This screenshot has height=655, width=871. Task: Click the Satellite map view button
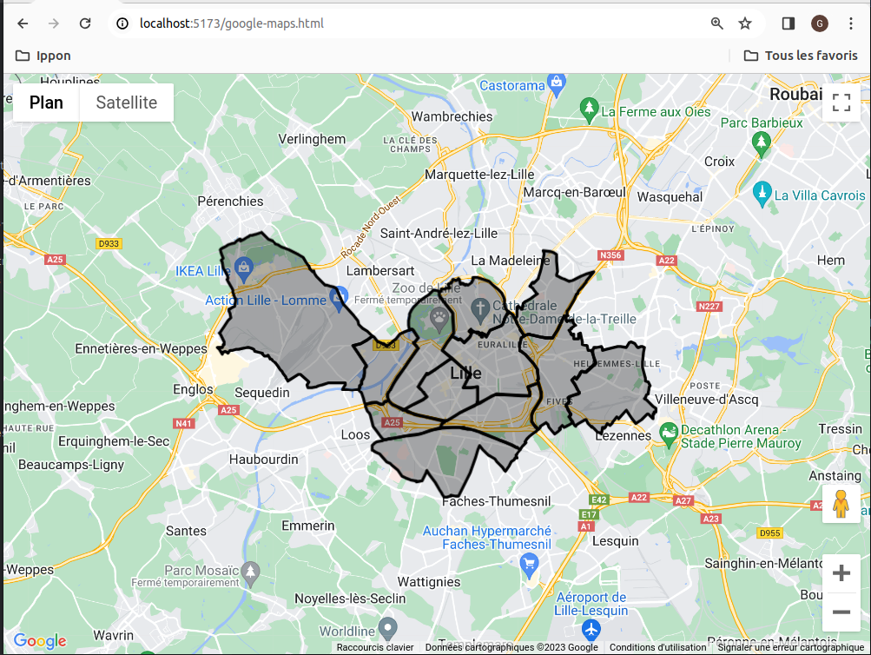pyautogui.click(x=126, y=103)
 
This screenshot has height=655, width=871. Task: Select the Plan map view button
pyautogui.click(x=46, y=103)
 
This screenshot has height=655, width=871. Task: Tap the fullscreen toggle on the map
pyautogui.click(x=841, y=103)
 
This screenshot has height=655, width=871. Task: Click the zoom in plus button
pyautogui.click(x=841, y=573)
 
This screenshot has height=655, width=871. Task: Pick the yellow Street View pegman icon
pyautogui.click(x=840, y=504)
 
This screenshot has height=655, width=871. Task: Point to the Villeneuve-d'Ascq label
pyautogui.click(x=707, y=400)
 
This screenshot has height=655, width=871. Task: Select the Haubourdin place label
pyautogui.click(x=264, y=459)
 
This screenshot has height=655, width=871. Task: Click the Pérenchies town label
pyautogui.click(x=230, y=201)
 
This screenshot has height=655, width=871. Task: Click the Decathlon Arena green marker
pyautogui.click(x=669, y=431)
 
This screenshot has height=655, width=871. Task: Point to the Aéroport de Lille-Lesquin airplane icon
pyautogui.click(x=592, y=628)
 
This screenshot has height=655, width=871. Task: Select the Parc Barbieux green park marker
pyautogui.click(x=762, y=142)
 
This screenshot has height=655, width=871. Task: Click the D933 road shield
pyautogui.click(x=109, y=244)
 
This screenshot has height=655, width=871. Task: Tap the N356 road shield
pyautogui.click(x=611, y=255)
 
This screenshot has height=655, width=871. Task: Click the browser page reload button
pyautogui.click(x=85, y=23)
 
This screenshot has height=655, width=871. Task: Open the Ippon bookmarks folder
pyautogui.click(x=43, y=56)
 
